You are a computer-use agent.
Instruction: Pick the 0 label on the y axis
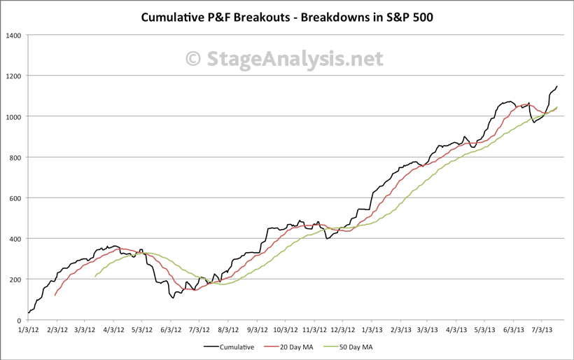(x=18, y=320)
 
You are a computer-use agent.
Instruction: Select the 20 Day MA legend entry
(x=295, y=346)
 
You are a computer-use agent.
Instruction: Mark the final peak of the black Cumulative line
(x=557, y=86)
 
